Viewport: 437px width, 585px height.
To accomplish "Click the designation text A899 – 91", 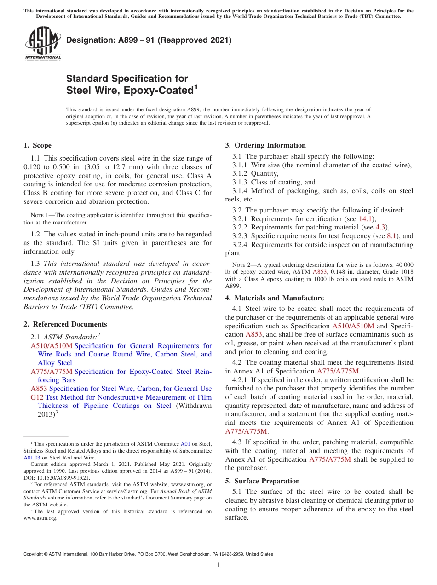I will [x=149, y=40].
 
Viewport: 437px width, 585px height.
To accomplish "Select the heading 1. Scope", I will [x=38, y=145].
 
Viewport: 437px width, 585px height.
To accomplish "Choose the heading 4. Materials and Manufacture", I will [x=274, y=298].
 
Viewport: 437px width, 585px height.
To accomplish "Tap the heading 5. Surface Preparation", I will [x=262, y=481].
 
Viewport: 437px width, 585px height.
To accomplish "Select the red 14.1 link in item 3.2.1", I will [x=364, y=219].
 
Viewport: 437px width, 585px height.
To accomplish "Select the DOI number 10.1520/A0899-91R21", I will [x=58, y=477].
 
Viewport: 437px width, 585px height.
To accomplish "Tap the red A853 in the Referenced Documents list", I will [x=39, y=389].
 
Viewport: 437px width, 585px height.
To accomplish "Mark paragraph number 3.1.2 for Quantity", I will [x=240, y=174].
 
